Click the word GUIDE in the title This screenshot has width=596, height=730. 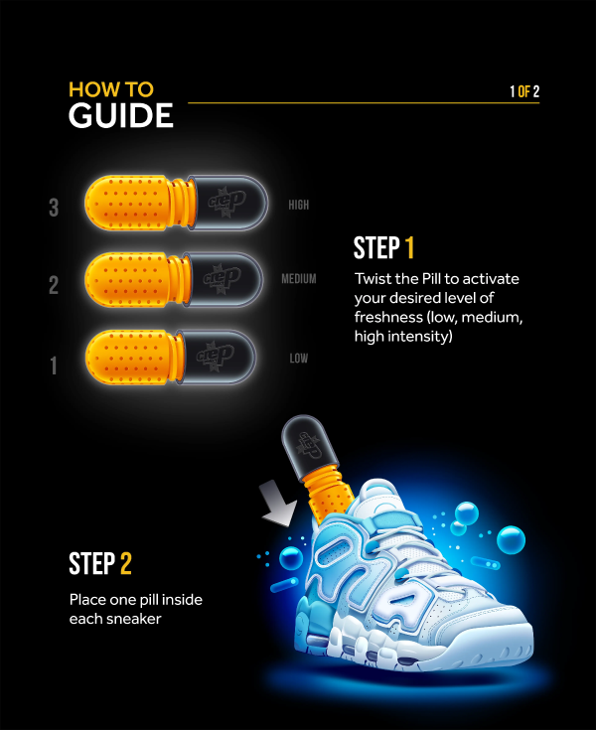point(120,115)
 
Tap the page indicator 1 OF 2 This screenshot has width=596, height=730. point(523,92)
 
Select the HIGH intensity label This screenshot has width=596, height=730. point(299,206)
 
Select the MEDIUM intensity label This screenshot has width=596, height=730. point(298,279)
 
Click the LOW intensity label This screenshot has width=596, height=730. point(298,358)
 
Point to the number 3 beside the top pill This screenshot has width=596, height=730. point(54,208)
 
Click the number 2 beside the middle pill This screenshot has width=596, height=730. point(54,286)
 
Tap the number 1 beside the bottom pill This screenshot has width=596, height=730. point(54,365)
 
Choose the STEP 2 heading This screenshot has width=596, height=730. point(99,563)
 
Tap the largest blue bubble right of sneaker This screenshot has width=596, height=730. point(511,539)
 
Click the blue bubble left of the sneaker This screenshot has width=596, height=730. point(290,559)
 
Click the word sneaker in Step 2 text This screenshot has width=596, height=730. point(130,619)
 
